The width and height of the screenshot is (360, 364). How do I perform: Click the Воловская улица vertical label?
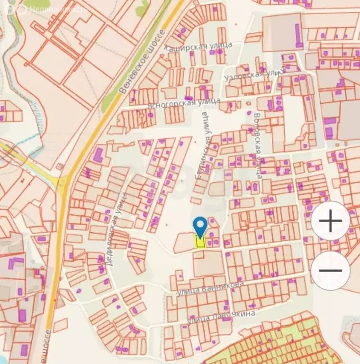[258, 145]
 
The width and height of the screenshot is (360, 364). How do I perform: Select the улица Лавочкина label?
[221, 316]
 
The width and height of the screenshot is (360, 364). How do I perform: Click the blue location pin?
[201, 227]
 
